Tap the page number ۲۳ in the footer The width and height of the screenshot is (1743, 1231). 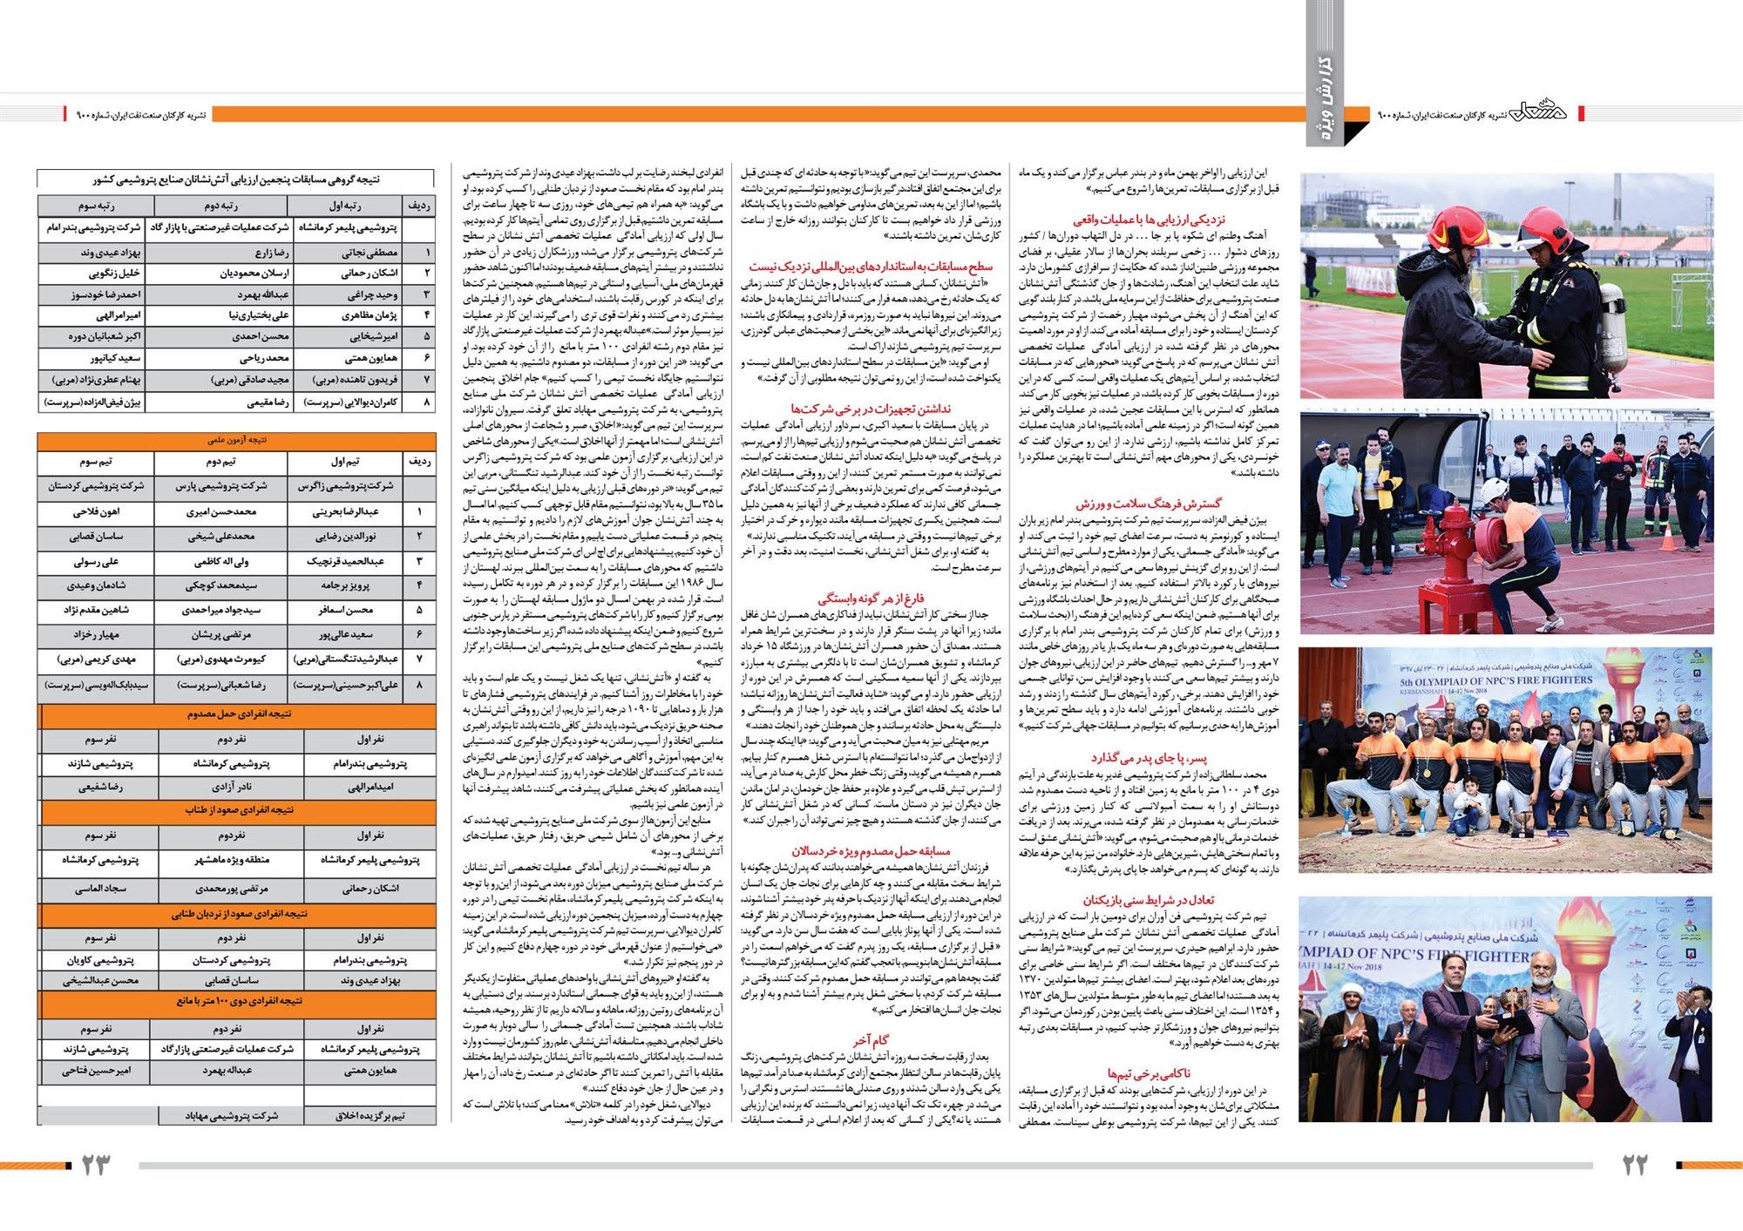97,1165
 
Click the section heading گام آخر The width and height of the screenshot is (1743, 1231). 871,1039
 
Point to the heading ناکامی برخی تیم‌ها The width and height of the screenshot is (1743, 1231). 1148,1073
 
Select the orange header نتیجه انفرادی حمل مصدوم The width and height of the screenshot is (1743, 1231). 238,714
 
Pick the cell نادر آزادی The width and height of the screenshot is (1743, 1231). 231,787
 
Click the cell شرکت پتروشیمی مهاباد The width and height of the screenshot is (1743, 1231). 231,1116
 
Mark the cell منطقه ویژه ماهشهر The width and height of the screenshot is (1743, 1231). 231,860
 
